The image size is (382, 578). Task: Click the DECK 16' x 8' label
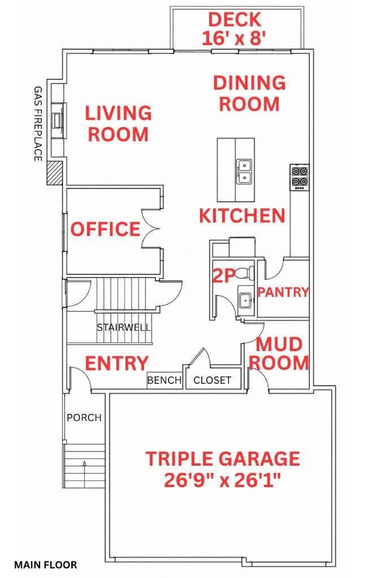point(235,29)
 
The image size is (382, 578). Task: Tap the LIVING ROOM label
point(119,124)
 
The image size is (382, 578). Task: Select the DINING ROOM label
point(250,93)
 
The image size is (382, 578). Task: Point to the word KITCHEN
point(242,215)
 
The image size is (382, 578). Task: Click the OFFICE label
point(106,229)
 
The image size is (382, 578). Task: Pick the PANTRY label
point(283,292)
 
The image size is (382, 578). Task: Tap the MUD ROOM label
point(279,353)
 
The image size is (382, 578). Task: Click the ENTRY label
point(116,363)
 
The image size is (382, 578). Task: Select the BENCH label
point(164,380)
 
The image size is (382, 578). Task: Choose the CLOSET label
point(212,380)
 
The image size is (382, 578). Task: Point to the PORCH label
point(84,418)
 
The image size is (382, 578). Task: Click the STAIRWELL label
point(124,327)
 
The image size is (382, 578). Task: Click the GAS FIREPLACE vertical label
point(38,124)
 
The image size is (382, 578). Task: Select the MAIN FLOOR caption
point(46,564)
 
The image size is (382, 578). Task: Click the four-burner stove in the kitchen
point(299,177)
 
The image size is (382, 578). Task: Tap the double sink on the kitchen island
point(244,172)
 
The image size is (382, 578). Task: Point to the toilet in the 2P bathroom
point(245,273)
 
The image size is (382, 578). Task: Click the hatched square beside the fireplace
point(55,173)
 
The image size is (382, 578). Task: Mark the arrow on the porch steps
point(85,474)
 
